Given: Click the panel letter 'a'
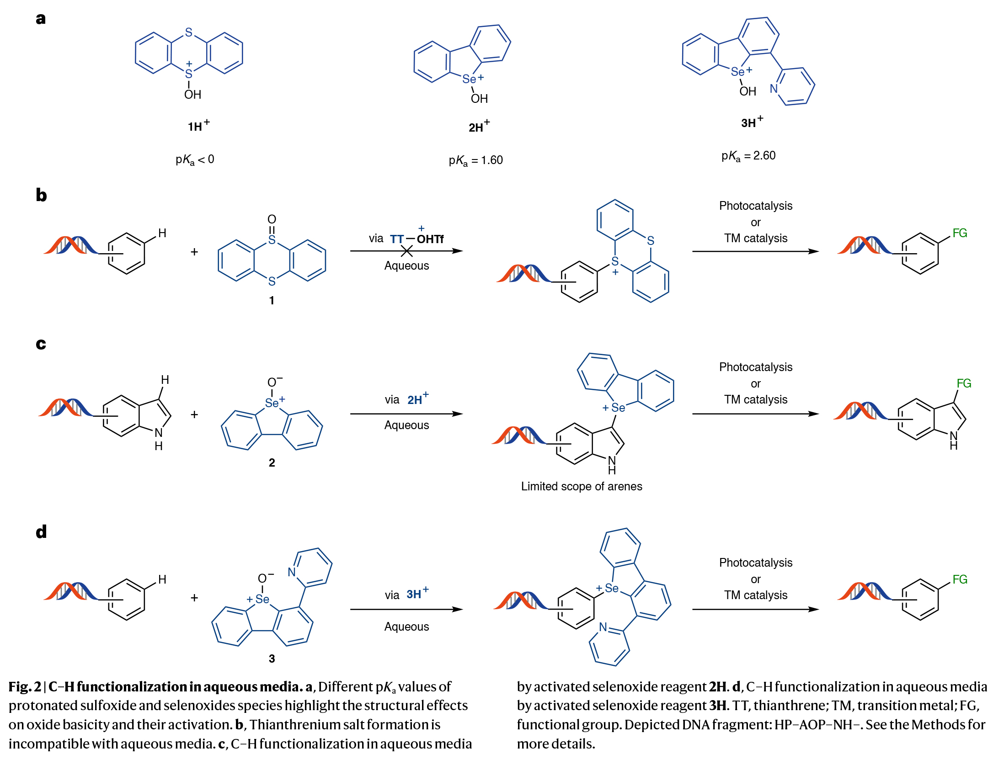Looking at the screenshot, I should pos(41,19).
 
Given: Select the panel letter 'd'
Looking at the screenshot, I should pos(41,531).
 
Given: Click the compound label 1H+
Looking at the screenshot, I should pos(198,126).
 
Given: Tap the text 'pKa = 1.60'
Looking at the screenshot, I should pos(475,160).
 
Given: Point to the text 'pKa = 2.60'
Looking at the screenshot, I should pos(748,156).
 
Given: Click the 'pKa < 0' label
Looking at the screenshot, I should pos(195,159).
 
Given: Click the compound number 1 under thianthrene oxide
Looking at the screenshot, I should pos(272,300).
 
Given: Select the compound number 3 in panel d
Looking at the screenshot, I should pos(272,659).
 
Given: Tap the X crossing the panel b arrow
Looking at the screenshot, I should pos(406,251).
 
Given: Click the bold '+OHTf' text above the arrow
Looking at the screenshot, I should pos(429,238).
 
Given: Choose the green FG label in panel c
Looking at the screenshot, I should pos(964,383).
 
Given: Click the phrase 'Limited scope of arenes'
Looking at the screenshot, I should pos(582,486).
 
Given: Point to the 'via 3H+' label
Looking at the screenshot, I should pos(406,594).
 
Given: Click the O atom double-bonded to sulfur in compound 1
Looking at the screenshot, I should pos(272,219).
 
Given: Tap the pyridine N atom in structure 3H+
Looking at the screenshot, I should pos(774,88).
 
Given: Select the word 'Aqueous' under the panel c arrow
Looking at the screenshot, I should pos(406,425).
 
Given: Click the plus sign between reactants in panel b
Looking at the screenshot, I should pos(194,252).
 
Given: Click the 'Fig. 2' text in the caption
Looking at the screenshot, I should pos(24,687).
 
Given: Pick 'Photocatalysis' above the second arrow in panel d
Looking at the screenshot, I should pos(755,563).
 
